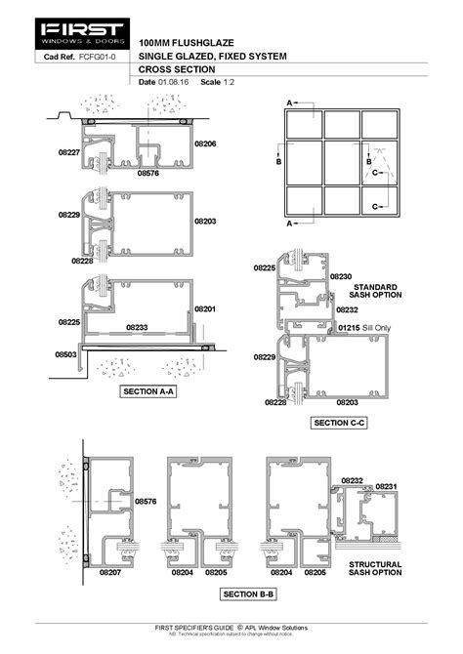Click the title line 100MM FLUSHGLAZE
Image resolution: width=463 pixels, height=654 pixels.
(186, 44)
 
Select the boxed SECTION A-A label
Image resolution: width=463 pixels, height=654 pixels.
(147, 391)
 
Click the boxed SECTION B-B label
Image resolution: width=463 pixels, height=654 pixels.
(248, 593)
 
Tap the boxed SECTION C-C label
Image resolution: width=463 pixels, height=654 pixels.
(338, 423)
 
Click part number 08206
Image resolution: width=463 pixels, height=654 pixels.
(204, 144)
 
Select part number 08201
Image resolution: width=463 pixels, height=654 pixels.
(204, 308)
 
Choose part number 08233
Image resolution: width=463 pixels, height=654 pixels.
(137, 327)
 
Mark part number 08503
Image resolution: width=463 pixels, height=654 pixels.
(65, 355)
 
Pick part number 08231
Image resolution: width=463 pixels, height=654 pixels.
(387, 485)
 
